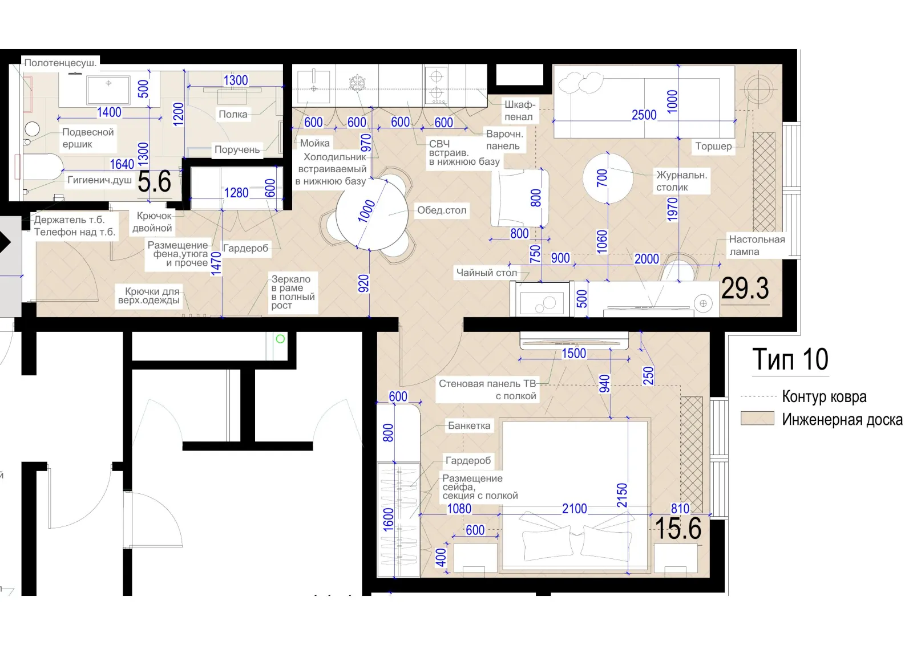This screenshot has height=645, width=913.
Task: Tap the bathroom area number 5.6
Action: [154, 182]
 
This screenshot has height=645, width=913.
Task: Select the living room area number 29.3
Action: [745, 288]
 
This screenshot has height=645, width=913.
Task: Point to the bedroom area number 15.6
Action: [678, 529]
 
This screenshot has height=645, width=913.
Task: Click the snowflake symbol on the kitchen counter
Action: [357, 83]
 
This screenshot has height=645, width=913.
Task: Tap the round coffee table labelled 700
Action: [608, 178]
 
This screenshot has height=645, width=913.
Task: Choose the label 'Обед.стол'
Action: [442, 210]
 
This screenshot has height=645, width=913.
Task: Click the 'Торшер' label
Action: [713, 146]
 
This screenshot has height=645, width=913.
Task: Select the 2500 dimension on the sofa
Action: [644, 115]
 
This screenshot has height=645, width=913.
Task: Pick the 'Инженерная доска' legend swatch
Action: [757, 419]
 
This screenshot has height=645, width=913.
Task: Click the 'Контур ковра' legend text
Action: [824, 396]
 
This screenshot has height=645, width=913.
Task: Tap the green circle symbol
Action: [280, 339]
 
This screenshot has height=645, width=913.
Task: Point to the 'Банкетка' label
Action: [469, 426]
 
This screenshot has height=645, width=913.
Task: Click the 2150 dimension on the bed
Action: [622, 495]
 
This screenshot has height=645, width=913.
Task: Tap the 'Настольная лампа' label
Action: [757, 245]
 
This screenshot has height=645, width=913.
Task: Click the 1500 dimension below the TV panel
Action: [574, 353]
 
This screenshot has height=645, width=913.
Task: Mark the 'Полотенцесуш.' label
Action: [60, 63]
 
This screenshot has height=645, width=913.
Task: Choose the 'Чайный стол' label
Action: [487, 273]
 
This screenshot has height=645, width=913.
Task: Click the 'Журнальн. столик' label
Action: [681, 181]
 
